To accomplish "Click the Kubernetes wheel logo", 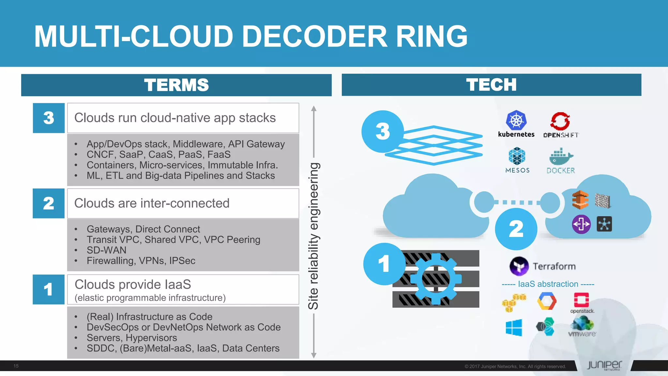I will [516, 120].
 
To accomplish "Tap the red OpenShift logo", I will [560, 121].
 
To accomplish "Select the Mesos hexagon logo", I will [517, 156].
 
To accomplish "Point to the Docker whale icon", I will [560, 157].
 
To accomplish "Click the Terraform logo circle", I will [519, 266].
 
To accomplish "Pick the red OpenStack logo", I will [581, 300].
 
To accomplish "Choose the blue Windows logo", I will [514, 327].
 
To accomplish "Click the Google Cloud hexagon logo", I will [547, 301].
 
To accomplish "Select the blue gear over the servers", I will [436, 279].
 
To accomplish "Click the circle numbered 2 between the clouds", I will [516, 229].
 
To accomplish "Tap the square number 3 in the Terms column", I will [49, 118].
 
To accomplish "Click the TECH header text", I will [491, 85].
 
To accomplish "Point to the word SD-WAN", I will [106, 250].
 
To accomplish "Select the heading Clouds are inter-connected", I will [152, 203].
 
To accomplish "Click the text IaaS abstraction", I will [548, 284].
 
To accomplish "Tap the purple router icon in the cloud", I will [581, 224].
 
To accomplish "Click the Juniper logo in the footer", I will [604, 365].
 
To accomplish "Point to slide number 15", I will [16, 366].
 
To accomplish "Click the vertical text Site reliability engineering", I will [313, 236].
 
